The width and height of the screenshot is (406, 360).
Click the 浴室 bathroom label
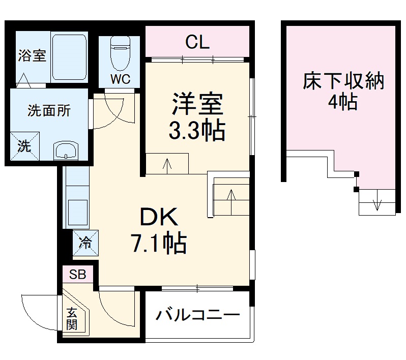[x=33, y=55]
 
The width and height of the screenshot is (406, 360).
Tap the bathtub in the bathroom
[x=70, y=57]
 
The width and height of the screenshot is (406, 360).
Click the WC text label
[x=121, y=79]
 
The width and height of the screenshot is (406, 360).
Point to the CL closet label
[x=197, y=43]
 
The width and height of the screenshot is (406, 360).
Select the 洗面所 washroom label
[x=49, y=110]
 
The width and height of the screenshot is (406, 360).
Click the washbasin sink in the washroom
[x=66, y=151]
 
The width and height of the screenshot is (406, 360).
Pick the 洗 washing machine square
[x=24, y=145]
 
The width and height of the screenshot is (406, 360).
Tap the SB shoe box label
[x=78, y=275]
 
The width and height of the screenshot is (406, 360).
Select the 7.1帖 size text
[x=159, y=245]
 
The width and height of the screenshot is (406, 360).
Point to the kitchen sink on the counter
[x=77, y=209]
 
